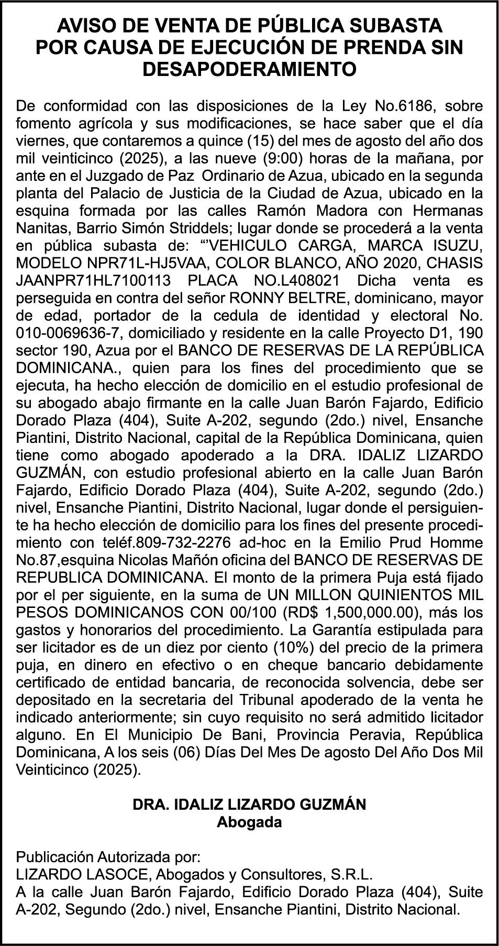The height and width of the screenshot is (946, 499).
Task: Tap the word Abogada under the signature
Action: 249,822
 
